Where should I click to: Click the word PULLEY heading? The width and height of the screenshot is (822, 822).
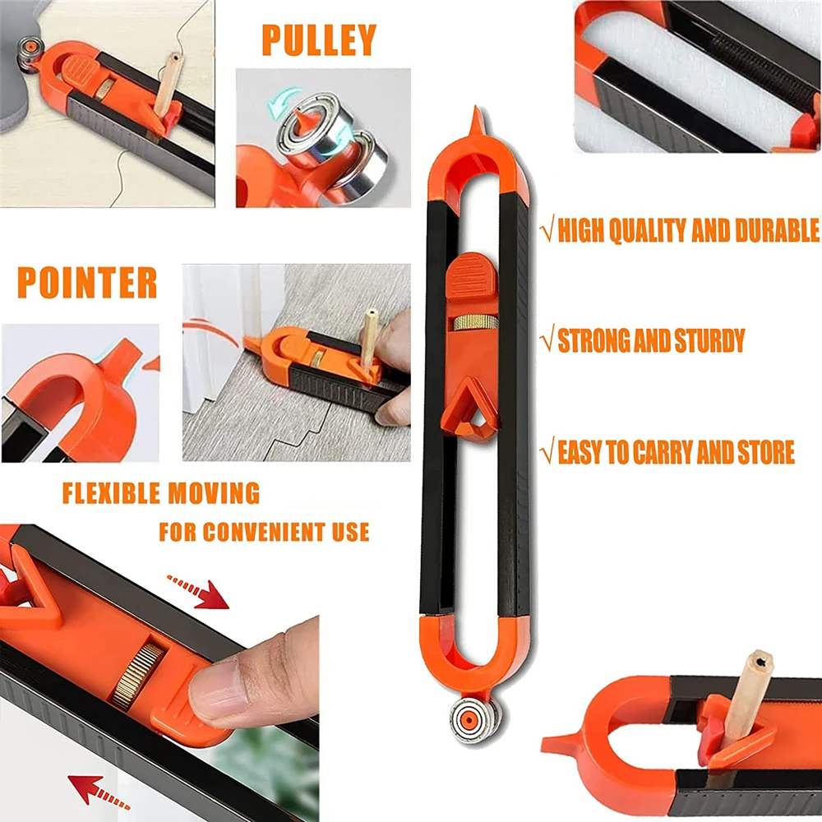point(319,40)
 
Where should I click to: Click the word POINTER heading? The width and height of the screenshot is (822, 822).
point(87,283)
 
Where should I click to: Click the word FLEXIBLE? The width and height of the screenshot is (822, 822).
point(110,494)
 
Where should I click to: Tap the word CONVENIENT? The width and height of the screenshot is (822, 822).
point(262,531)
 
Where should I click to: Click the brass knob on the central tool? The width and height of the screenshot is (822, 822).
point(475,321)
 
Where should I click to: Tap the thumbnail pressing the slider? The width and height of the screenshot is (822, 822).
point(215,693)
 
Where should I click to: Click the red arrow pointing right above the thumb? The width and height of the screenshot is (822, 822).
point(200,591)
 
